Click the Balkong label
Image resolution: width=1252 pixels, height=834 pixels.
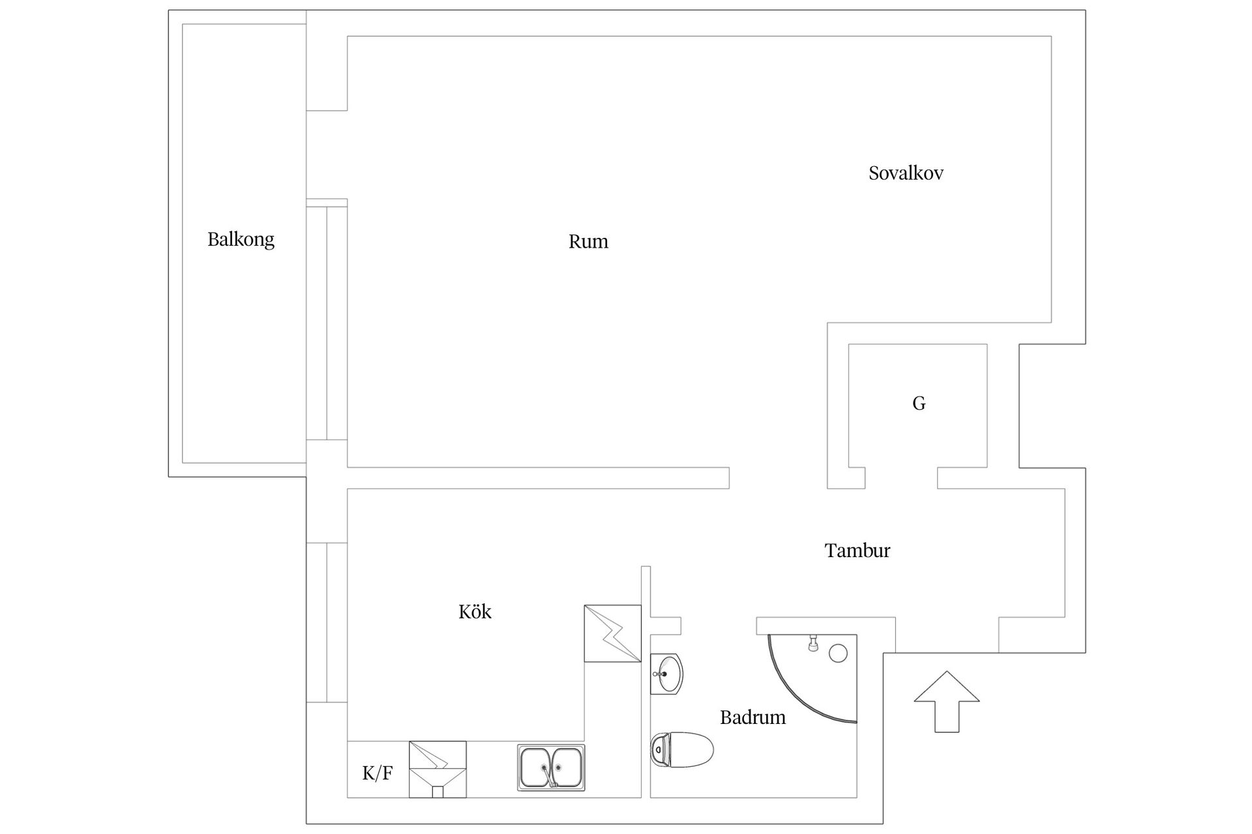pyautogui.click(x=241, y=240)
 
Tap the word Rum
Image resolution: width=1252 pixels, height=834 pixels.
pyautogui.click(x=588, y=242)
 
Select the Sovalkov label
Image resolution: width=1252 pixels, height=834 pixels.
pyautogui.click(x=906, y=173)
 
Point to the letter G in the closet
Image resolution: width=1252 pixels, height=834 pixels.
pyautogui.click(x=919, y=404)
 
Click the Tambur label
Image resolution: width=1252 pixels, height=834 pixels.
pyautogui.click(x=857, y=551)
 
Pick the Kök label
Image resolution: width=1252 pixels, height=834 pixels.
pyautogui.click(x=475, y=611)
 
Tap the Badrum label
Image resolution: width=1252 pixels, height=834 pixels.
pyautogui.click(x=753, y=717)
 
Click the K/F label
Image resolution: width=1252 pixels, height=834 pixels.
pyautogui.click(x=378, y=773)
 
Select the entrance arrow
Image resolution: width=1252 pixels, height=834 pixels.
pyautogui.click(x=947, y=702)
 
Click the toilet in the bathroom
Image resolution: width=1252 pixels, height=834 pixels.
pyautogui.click(x=682, y=750)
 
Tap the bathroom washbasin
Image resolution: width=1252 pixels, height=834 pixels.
pyautogui.click(x=666, y=674)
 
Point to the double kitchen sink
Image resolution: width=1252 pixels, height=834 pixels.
pyautogui.click(x=551, y=768)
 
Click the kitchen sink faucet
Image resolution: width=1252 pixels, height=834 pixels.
pyautogui.click(x=548, y=775)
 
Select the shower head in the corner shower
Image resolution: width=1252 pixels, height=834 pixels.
pyautogui.click(x=812, y=643)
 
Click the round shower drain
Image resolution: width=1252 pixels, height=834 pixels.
pyautogui.click(x=838, y=653)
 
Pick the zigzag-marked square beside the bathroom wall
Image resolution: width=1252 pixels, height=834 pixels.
pyautogui.click(x=613, y=634)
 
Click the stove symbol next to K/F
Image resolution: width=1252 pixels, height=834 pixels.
pyautogui.click(x=438, y=769)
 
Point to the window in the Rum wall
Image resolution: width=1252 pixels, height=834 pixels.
pyautogui.click(x=327, y=323)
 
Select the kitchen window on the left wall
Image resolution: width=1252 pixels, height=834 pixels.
pyautogui.click(x=327, y=623)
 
